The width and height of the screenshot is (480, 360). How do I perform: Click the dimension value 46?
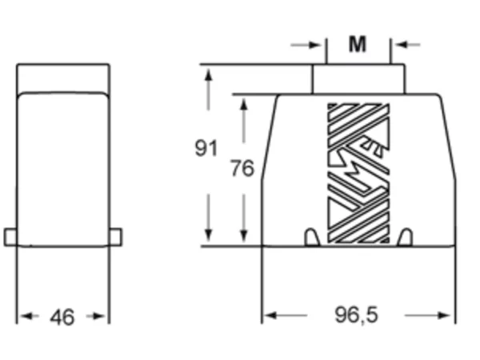pos(62,317)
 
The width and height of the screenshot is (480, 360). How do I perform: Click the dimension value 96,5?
pos(356,315)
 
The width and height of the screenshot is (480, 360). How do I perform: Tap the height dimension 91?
pos(206,148)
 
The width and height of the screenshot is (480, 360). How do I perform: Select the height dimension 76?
pos(242,168)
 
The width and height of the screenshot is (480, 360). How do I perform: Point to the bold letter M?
pos(358,44)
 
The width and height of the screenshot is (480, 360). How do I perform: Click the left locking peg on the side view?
pos(10,237)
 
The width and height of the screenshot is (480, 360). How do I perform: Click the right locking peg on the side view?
pos(115,237)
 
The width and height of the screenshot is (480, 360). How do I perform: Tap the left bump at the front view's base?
pos(312,237)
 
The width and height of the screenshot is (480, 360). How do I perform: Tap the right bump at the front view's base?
pos(405,237)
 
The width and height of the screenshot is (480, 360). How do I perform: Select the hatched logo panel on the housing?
pos(358,174)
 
